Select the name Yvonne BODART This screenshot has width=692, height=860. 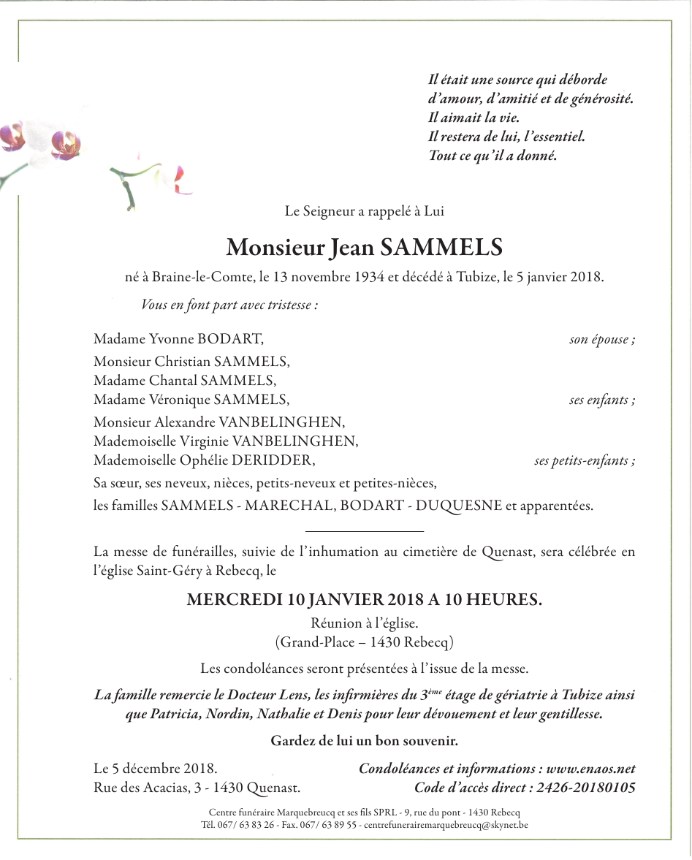pyautogui.click(x=206, y=340)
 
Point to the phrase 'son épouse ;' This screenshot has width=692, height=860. pyautogui.click(x=602, y=340)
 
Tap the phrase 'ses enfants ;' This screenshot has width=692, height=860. pyautogui.click(x=602, y=400)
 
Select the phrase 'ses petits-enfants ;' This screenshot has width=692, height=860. pyautogui.click(x=585, y=461)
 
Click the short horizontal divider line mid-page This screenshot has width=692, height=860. pyautogui.click(x=364, y=530)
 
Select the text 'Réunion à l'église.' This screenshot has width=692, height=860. pyautogui.click(x=364, y=624)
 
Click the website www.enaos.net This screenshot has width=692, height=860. pyautogui.click(x=590, y=769)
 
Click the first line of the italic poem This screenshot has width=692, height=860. pyautogui.click(x=517, y=80)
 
